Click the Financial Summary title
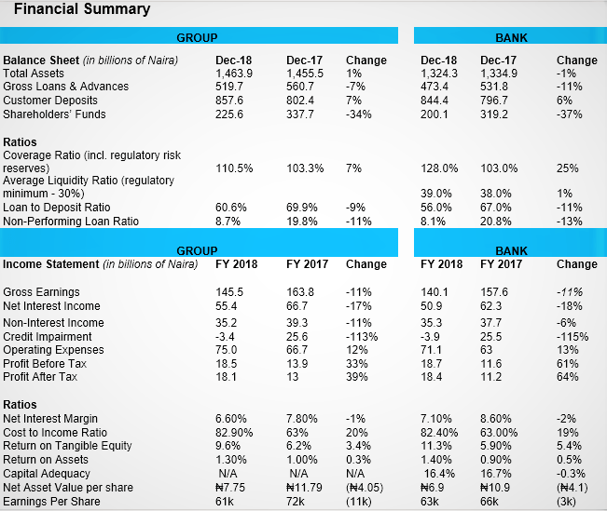tap(82, 9)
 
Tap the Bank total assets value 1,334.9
tap(499, 73)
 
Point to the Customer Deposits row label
tap(49, 101)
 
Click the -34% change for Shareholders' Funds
tap(358, 114)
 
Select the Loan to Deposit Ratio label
tap(56, 208)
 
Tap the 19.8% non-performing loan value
tap(303, 222)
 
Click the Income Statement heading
tap(52, 264)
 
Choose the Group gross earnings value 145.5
tap(229, 292)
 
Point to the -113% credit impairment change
tap(361, 336)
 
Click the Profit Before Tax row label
tap(45, 363)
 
